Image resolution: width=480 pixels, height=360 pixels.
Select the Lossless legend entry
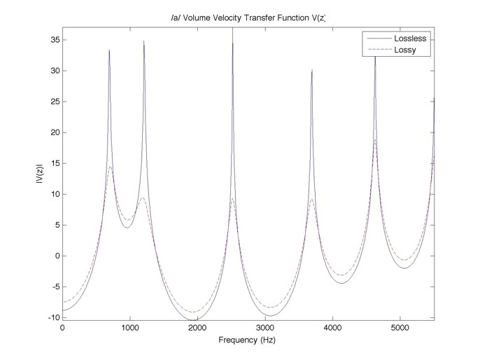[x=411, y=38]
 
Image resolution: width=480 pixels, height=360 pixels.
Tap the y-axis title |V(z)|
[x=43, y=173]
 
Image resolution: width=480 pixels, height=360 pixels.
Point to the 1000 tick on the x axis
[x=130, y=327]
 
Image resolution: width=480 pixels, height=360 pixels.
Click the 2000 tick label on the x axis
[x=197, y=327]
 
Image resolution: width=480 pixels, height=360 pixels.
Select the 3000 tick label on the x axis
[x=265, y=327]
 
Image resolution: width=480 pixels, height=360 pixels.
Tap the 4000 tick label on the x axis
[x=332, y=327]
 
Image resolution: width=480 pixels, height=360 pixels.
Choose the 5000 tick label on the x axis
[x=400, y=327]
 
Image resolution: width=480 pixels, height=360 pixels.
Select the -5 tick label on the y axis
[x=53, y=286]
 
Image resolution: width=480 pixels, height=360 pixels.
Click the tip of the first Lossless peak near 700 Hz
[x=109, y=50]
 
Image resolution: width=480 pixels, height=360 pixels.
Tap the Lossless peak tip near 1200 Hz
[x=143, y=41]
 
